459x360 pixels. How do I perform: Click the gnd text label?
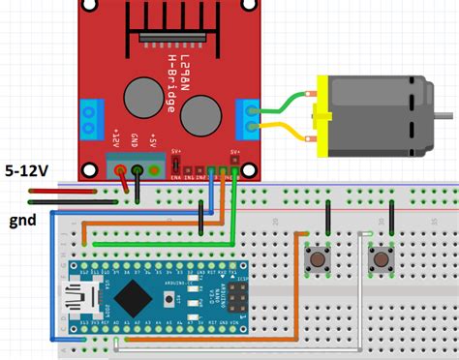point(21,220)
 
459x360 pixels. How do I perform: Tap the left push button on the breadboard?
point(316,259)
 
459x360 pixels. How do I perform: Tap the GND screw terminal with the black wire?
point(138,172)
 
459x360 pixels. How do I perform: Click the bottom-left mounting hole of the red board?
point(89,170)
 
